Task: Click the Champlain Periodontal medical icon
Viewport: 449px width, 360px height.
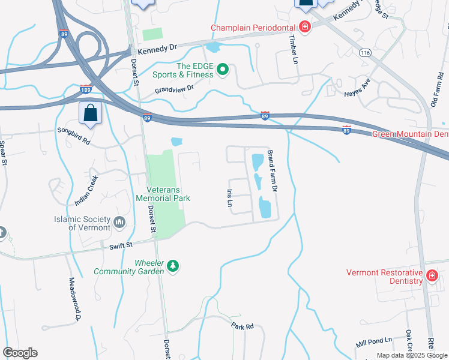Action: point(305,27)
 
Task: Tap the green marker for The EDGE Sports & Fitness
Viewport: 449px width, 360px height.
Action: point(223,71)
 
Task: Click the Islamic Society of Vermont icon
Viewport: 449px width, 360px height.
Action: point(119,223)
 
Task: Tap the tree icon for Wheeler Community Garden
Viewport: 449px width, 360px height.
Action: point(173,266)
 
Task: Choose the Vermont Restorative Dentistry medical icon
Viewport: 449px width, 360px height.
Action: point(432,276)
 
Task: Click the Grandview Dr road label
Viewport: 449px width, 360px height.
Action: point(175,89)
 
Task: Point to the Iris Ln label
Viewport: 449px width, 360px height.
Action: point(229,198)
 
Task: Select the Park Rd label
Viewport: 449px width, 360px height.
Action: point(243,326)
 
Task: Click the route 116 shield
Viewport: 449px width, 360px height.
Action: point(366,53)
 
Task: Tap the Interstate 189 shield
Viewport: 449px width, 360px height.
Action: point(85,89)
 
